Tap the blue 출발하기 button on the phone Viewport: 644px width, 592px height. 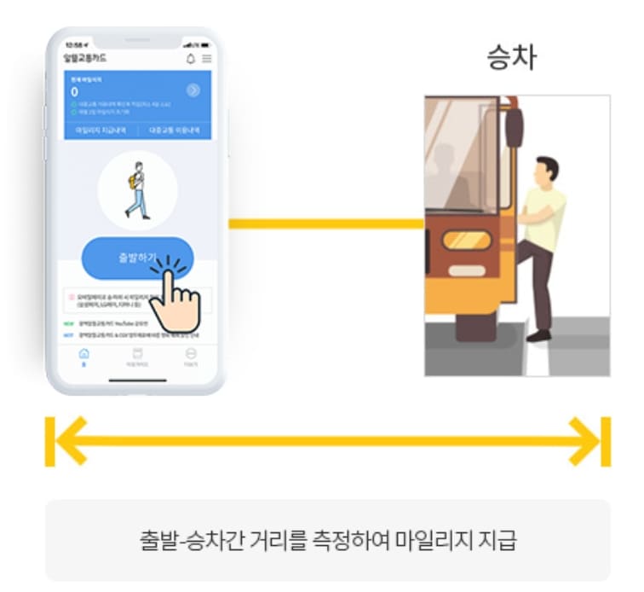point(128,257)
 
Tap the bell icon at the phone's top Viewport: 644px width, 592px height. point(191,58)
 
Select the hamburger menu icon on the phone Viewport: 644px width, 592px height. point(206,58)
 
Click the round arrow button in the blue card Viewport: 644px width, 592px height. point(193,90)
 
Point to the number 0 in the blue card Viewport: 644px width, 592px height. point(75,91)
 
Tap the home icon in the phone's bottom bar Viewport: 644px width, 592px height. point(83,353)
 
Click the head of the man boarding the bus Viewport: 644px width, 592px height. point(545,167)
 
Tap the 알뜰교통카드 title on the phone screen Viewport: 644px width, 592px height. point(85,58)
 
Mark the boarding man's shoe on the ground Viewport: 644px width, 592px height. point(538,334)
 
